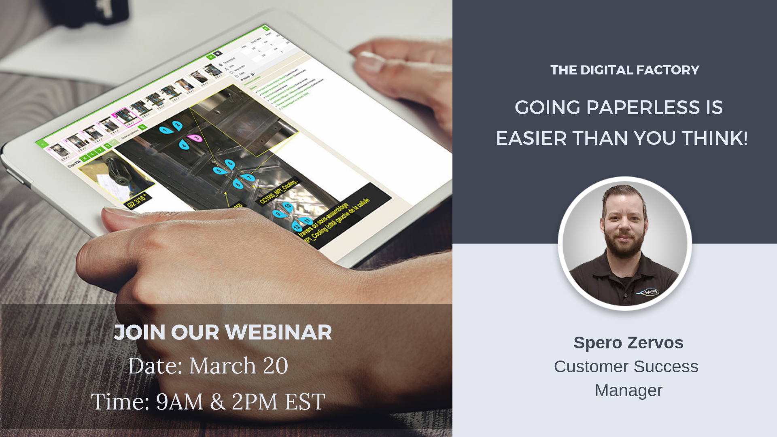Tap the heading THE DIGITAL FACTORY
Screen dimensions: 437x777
click(624, 70)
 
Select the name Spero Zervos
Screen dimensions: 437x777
click(628, 343)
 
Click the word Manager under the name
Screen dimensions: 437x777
click(628, 390)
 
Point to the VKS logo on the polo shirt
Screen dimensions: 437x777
click(648, 292)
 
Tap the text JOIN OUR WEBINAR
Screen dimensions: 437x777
click(223, 333)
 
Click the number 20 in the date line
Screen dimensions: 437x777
click(275, 366)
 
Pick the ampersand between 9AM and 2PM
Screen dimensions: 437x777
click(218, 402)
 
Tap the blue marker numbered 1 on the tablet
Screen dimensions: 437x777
click(164, 130)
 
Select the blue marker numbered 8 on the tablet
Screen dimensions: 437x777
click(238, 185)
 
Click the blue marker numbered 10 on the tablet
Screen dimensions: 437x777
click(288, 206)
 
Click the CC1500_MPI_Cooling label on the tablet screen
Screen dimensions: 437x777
click(278, 191)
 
